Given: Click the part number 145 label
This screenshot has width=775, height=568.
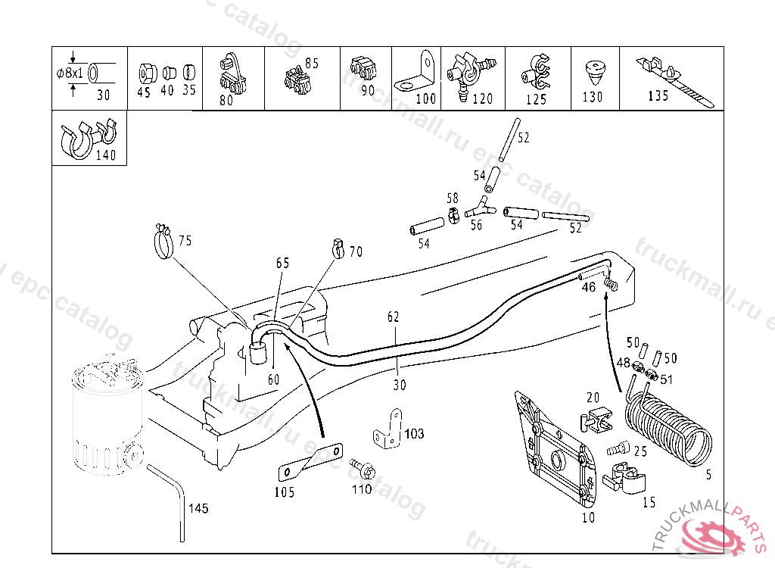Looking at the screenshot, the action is pyautogui.click(x=198, y=509).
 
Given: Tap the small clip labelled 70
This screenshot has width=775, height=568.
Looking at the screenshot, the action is pyautogui.click(x=338, y=248).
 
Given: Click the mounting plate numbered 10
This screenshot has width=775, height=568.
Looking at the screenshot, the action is pyautogui.click(x=555, y=450).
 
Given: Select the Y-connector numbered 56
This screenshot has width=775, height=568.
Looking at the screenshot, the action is pyautogui.click(x=481, y=207).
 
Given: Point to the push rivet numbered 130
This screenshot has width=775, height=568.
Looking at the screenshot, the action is pyautogui.click(x=596, y=72).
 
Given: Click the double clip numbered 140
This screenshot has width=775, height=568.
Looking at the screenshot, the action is pyautogui.click(x=88, y=139).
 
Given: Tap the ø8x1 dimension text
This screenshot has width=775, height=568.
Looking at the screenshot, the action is pyautogui.click(x=70, y=73).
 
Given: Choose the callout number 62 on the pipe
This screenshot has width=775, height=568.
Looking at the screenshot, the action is pyautogui.click(x=394, y=317).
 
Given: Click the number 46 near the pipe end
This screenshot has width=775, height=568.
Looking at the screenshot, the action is pyautogui.click(x=589, y=287).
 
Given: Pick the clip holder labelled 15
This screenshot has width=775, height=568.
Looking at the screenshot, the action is pyautogui.click(x=624, y=479).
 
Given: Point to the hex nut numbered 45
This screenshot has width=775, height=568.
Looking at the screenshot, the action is pyautogui.click(x=147, y=74).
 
